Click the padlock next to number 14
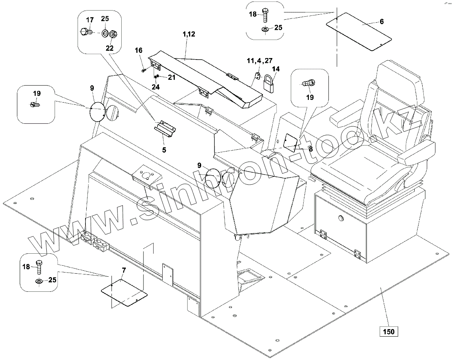pos(269,83)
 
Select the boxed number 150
pos(388,332)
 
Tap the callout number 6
pos(382,22)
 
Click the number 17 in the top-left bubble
pos(90,20)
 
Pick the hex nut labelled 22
pos(114,34)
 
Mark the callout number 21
pos(172,77)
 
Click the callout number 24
pos(156,86)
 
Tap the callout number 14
pos(276,69)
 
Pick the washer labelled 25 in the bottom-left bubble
pos(38,281)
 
